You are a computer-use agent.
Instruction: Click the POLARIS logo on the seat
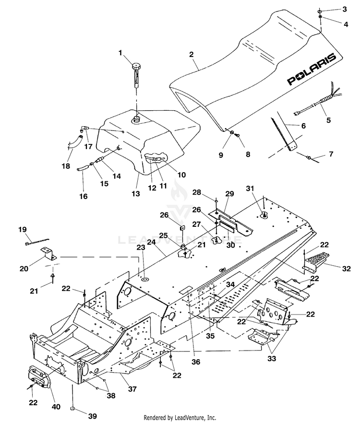coord(312,70)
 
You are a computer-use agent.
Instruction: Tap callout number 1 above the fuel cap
coord(120,53)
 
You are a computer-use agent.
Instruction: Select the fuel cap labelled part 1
coord(137,75)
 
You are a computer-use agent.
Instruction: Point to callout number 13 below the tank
coord(136,193)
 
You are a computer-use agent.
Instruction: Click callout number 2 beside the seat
coord(192,54)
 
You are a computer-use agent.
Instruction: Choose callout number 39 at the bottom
coord(93,416)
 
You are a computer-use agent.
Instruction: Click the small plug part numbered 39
coord(72,409)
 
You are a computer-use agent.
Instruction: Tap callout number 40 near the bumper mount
coord(56,407)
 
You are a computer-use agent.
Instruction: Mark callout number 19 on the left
coord(23,230)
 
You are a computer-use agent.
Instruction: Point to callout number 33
coord(272,359)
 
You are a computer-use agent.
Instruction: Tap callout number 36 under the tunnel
coord(196,362)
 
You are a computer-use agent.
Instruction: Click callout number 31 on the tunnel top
coord(250,188)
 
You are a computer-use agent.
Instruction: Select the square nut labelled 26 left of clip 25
coord(182,228)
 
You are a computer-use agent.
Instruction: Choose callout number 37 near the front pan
coord(132,389)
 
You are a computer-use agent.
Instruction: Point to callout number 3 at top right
coord(345,9)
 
